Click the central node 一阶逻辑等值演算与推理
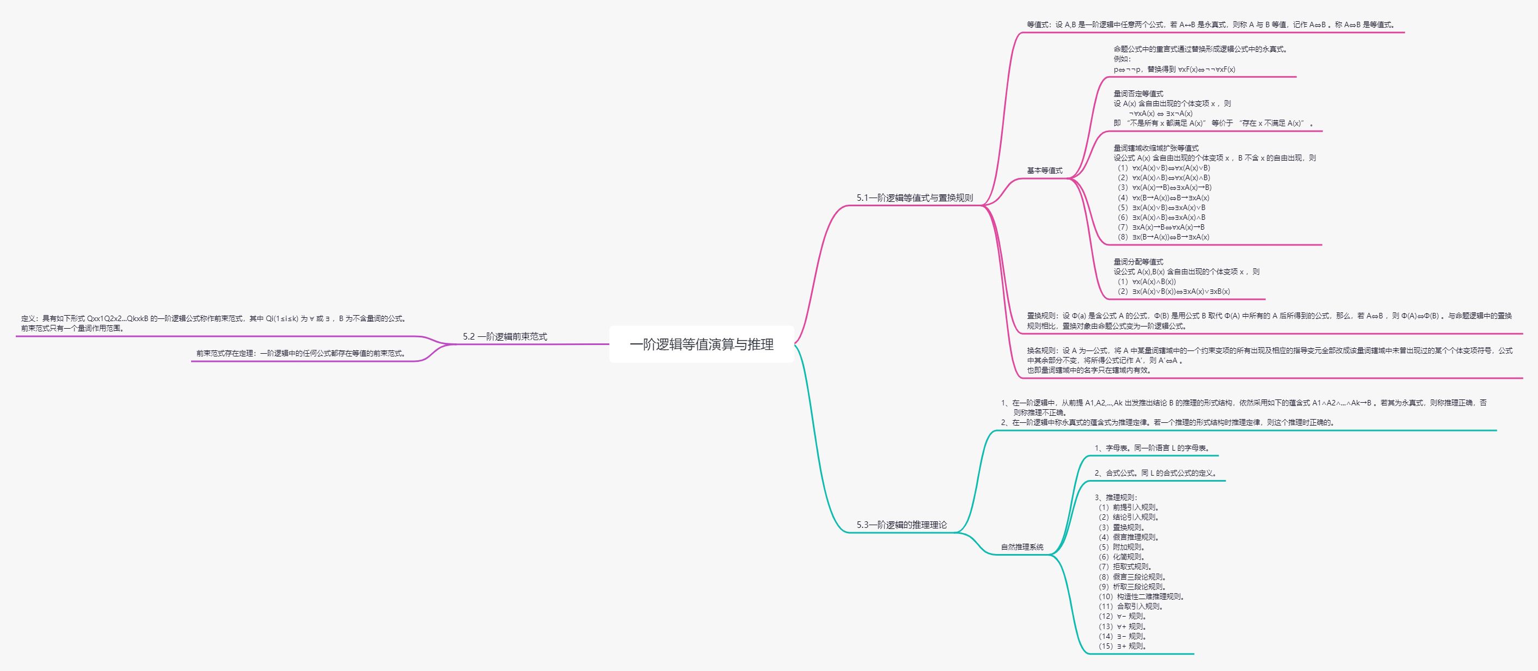coord(702,344)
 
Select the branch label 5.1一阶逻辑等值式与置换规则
coord(914,198)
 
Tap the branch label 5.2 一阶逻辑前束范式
coord(505,337)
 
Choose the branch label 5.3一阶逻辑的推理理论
coord(902,525)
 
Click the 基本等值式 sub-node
coord(1044,171)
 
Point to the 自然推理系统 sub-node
coord(1022,547)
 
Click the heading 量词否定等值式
coord(1138,94)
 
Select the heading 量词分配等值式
coord(1138,261)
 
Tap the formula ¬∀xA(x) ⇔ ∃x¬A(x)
coord(1160,113)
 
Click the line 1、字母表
coord(1151,448)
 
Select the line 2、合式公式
coord(1155,473)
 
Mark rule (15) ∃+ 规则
coord(1122,646)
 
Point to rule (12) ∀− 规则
coord(1122,616)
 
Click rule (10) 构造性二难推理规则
coord(1141,596)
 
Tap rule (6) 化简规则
coord(1122,556)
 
